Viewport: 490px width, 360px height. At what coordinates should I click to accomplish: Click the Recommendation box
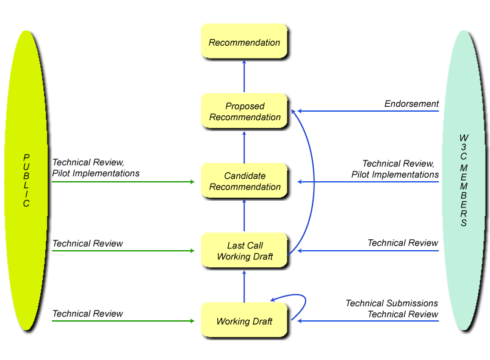coord(244,41)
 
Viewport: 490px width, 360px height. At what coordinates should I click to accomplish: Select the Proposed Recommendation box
coord(244,111)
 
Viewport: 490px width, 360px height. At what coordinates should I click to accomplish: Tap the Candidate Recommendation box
coord(244,181)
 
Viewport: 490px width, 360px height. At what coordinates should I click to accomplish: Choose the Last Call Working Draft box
coord(244,251)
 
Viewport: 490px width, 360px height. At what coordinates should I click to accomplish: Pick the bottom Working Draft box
coord(244,321)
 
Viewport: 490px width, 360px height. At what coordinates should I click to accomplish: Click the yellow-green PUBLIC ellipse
coord(26,181)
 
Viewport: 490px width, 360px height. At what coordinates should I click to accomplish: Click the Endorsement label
coord(411,104)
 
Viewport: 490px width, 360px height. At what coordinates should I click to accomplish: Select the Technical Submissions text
coord(392,303)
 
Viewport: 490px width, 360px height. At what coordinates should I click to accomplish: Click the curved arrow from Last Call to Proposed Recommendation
coord(314,183)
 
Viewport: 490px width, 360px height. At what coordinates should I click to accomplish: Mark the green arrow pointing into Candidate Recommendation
coord(122,182)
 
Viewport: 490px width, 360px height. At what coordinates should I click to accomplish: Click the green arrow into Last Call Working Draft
coord(122,251)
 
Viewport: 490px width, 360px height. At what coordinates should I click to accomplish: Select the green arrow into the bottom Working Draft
coord(122,320)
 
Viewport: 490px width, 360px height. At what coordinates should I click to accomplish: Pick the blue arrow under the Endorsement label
coord(366,111)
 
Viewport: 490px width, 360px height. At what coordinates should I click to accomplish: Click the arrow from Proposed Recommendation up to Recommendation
coord(244,76)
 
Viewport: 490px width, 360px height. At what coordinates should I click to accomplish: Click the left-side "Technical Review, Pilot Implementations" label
coord(96,168)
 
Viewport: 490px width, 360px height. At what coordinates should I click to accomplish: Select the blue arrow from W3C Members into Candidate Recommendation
coord(366,182)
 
